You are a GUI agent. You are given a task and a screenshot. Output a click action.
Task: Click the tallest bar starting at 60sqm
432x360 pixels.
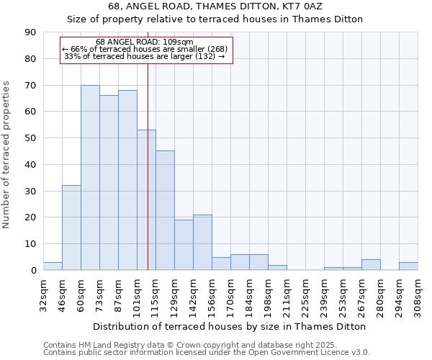click(90, 178)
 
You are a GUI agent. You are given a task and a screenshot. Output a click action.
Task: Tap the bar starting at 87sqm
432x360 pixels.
click(127, 180)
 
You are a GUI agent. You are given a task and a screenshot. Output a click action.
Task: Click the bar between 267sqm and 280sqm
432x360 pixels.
click(371, 265)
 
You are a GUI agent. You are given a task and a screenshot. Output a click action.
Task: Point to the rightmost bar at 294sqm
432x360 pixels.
click(408, 266)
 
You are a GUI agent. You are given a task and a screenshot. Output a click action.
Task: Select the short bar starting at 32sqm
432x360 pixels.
click(53, 266)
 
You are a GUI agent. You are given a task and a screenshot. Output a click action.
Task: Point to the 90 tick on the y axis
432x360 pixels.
click(30, 32)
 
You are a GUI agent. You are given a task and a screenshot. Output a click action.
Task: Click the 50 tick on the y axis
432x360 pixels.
click(30, 138)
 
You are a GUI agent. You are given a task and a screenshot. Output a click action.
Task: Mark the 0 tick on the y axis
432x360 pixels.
click(33, 271)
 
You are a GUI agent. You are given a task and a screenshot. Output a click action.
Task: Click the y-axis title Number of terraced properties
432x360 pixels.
click(7, 155)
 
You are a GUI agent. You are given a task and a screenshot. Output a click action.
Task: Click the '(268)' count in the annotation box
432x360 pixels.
click(217, 49)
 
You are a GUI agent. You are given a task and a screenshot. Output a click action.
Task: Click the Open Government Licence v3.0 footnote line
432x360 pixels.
click(207, 353)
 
